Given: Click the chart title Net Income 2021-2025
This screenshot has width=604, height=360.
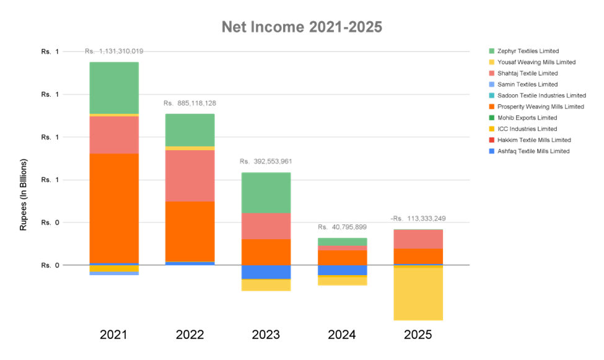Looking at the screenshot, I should (302, 27).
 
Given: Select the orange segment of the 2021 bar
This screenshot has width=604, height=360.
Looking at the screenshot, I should (114, 208).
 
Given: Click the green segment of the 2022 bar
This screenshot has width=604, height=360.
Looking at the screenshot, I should (190, 130).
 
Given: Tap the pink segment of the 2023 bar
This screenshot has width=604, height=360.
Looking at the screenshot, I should (266, 226).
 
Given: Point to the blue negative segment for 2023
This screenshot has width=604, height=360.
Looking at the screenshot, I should (266, 272).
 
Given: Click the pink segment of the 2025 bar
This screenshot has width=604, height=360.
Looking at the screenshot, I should (418, 239).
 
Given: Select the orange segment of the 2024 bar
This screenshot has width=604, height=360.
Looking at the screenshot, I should (341, 257).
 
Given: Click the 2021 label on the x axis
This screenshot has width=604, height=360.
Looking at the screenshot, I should (114, 335).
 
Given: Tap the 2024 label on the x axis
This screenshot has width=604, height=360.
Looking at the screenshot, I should (341, 335).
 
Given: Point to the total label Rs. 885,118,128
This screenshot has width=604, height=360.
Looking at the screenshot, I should (190, 103).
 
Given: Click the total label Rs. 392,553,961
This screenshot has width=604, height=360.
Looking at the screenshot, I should (266, 162).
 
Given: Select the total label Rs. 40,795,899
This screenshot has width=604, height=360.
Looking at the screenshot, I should (342, 227).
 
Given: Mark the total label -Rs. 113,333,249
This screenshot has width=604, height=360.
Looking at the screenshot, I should (418, 218).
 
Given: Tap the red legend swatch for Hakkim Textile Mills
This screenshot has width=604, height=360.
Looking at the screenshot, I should (492, 140).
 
